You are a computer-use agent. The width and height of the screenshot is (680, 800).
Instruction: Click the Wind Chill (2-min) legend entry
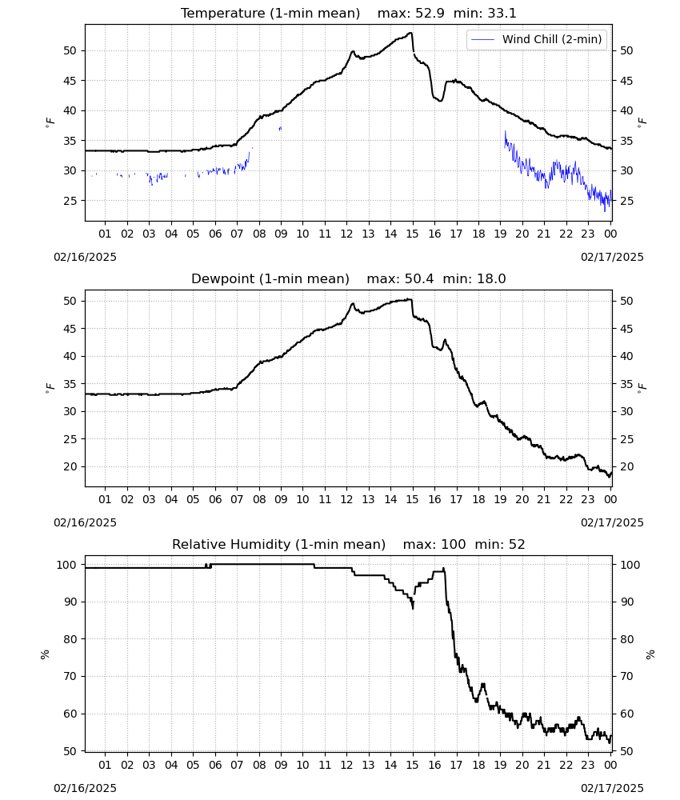click(537, 39)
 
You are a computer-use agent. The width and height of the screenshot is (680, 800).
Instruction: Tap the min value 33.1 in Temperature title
click(502, 14)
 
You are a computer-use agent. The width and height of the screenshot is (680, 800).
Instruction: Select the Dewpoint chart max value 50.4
click(419, 279)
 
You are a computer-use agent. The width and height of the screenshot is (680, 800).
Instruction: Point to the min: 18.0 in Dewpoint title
click(474, 279)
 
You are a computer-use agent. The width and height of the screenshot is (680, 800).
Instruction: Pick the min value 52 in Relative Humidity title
click(517, 545)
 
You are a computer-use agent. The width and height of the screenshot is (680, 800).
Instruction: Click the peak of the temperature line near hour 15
click(410, 33)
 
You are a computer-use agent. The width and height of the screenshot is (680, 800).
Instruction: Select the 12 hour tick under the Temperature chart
click(346, 234)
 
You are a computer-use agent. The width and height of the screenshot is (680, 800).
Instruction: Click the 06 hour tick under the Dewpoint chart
click(215, 499)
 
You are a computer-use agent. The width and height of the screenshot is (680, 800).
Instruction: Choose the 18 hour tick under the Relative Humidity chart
click(478, 766)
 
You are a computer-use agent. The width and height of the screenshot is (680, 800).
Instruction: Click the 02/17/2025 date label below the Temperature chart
click(612, 257)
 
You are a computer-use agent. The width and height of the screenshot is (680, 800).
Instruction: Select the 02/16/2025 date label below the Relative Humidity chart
click(85, 789)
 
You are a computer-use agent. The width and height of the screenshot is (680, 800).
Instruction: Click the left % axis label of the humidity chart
click(45, 654)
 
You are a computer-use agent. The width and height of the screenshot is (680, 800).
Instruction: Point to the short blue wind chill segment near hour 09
click(280, 129)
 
